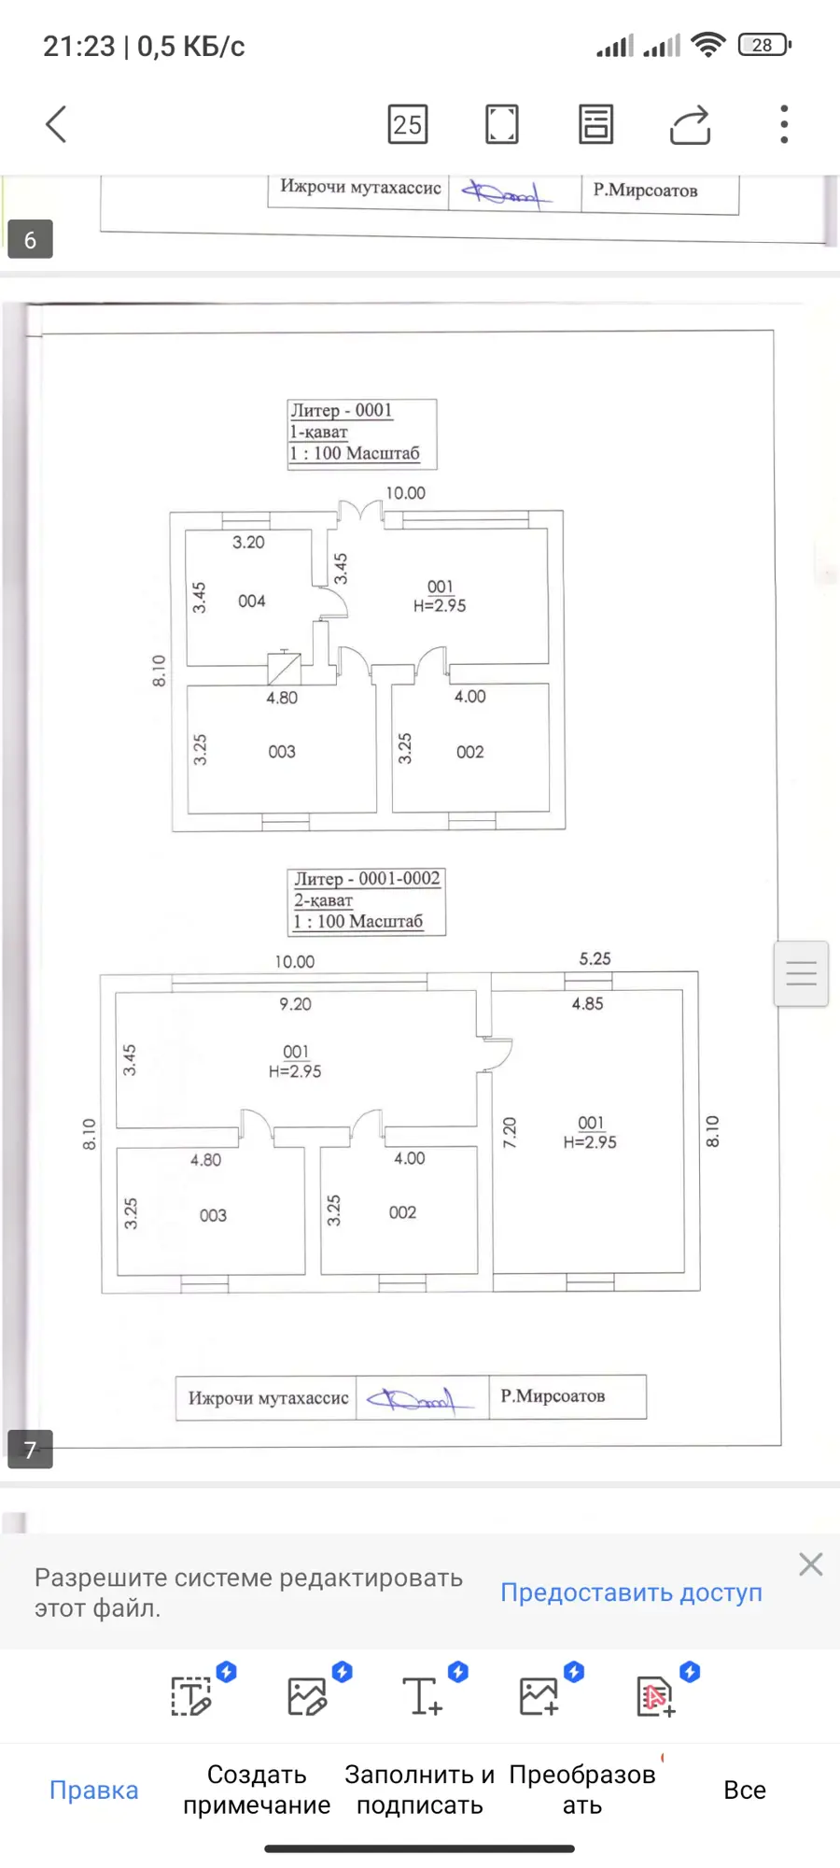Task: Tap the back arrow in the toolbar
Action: tap(56, 124)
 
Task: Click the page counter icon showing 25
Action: tap(408, 124)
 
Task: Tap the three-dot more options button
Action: tap(784, 124)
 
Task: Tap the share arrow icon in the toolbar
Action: tap(691, 124)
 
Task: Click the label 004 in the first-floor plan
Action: tap(252, 601)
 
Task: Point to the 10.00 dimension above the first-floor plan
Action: tap(406, 493)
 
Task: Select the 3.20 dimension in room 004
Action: tap(248, 543)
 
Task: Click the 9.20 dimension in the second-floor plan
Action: tap(295, 1004)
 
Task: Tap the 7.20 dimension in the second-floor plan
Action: tap(510, 1132)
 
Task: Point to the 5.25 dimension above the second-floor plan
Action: tap(595, 958)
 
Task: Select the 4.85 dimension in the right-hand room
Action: tap(588, 1004)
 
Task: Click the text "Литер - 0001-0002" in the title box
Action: tap(367, 879)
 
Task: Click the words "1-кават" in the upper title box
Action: tap(319, 432)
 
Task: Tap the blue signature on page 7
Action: tap(412, 1399)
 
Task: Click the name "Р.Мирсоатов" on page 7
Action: tap(553, 1396)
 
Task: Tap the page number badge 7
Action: tap(30, 1449)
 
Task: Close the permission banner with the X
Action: tap(811, 1564)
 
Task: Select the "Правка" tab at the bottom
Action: tap(93, 1790)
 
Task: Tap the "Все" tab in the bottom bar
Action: tap(745, 1790)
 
